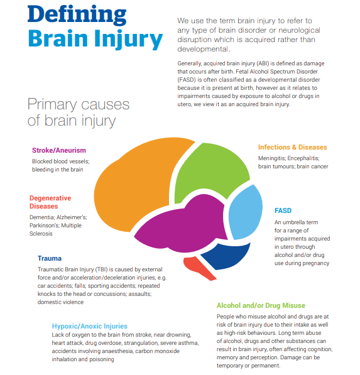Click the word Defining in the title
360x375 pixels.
[77, 15]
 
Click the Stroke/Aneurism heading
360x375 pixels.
[59, 150]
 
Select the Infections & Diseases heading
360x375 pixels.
[292, 147]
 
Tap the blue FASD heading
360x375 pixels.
[283, 210]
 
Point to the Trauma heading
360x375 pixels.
[50, 258]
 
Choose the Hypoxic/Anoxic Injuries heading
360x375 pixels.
[90, 326]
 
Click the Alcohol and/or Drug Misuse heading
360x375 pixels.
[261, 305]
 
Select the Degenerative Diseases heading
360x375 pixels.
[50, 202]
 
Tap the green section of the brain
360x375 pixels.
[210, 172]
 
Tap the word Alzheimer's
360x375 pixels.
[72, 217]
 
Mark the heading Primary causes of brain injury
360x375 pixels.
[79, 112]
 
